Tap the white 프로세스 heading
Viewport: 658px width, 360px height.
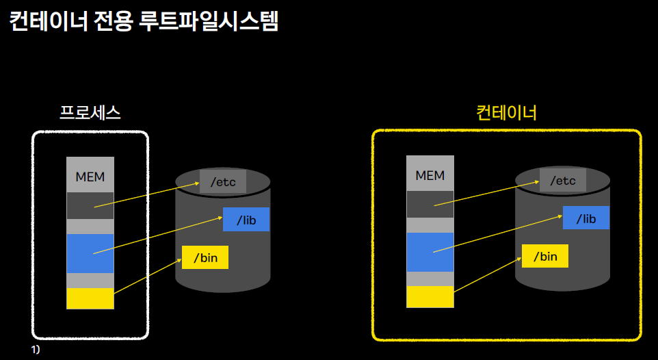point(90,113)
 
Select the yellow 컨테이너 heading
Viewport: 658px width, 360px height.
point(506,112)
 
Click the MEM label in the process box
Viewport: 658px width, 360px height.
point(90,177)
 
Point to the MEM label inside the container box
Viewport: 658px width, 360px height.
point(430,176)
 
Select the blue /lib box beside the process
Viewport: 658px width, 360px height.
point(246,220)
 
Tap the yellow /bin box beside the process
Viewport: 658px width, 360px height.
point(205,258)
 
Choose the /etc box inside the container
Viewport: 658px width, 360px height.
point(563,181)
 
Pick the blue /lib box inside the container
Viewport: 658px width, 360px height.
point(586,218)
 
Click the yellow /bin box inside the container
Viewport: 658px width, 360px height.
point(545,257)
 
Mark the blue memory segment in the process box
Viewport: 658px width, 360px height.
point(90,253)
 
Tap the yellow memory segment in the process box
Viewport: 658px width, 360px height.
point(90,299)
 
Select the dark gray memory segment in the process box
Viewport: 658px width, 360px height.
point(90,205)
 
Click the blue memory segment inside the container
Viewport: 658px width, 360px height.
point(430,252)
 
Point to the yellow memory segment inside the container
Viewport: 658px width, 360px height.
point(430,297)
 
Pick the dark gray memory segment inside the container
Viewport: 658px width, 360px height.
point(430,204)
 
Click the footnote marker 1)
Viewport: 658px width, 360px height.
point(36,350)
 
